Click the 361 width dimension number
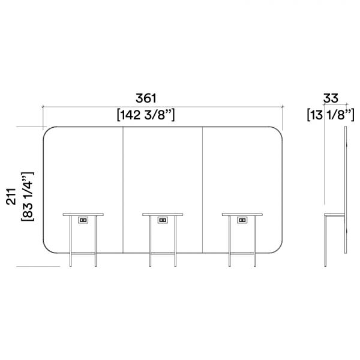(x=146, y=98)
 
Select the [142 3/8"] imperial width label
(x=146, y=115)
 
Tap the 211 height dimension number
(x=11, y=197)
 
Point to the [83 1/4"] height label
(x=28, y=197)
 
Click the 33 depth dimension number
(x=331, y=98)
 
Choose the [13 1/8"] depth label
(x=331, y=115)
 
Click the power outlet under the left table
(x=83, y=220)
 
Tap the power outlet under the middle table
(x=163, y=220)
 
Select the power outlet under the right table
(x=242, y=220)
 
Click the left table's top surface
(x=83, y=214)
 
